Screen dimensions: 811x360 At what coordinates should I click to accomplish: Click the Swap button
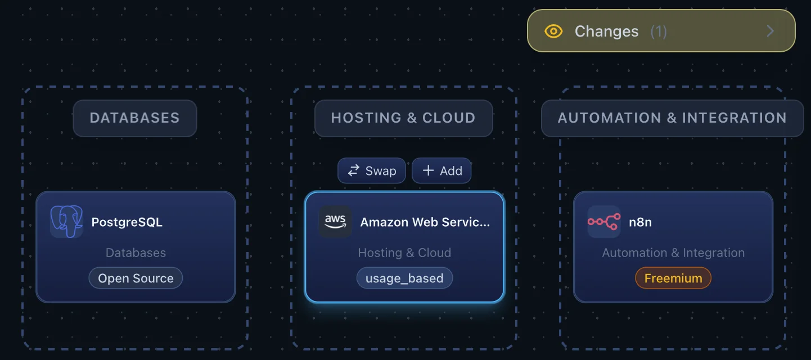pos(371,170)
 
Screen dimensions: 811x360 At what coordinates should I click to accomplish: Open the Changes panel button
pos(661,31)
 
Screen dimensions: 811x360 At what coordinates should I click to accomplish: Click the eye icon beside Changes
pos(553,31)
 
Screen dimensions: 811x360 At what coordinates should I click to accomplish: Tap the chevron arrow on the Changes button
pos(770,31)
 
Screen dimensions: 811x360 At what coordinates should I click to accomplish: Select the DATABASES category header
pos(134,118)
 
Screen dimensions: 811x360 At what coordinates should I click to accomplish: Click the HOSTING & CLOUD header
pos(403,118)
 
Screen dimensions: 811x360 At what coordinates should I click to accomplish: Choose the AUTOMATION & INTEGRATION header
pos(672,118)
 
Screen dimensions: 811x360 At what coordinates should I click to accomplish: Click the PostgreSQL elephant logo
pos(66,221)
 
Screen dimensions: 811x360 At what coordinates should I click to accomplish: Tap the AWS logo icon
pos(335,221)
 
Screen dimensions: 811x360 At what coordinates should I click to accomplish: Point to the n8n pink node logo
pos(604,221)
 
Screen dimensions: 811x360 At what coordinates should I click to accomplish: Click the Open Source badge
pos(136,278)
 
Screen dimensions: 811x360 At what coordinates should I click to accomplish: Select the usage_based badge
pos(404,278)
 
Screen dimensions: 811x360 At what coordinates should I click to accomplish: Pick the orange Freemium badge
pos(673,278)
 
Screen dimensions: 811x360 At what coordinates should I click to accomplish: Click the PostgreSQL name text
pos(127,222)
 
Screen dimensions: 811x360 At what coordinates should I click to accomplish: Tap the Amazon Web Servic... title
pos(425,222)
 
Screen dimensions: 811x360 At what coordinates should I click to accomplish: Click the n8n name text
pos(640,222)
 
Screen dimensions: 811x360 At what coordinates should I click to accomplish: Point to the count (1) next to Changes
pos(659,31)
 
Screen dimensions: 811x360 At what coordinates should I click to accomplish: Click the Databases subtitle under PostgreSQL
pos(136,253)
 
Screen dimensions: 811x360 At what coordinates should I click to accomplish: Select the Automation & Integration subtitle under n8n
pos(673,253)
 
